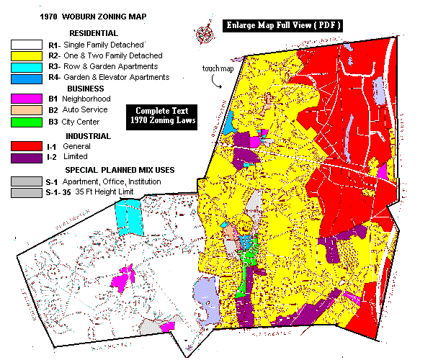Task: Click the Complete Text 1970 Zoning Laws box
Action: point(162,116)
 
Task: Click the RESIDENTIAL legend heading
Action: point(93,33)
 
